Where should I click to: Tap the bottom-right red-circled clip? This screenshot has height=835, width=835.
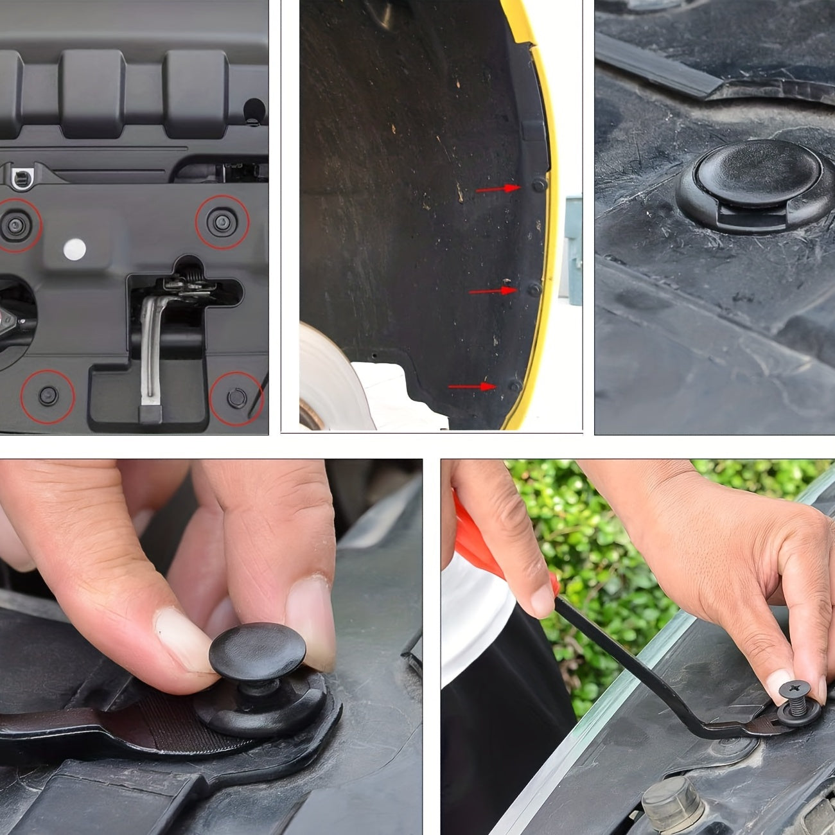[x=236, y=398]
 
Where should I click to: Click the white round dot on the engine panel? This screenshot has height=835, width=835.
[x=75, y=249]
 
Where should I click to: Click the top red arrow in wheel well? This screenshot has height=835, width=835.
[x=498, y=188]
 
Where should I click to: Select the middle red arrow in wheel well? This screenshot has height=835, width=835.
[x=493, y=291]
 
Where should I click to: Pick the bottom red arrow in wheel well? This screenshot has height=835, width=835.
[x=472, y=387]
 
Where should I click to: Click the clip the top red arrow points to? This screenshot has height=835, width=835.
[x=540, y=186]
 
